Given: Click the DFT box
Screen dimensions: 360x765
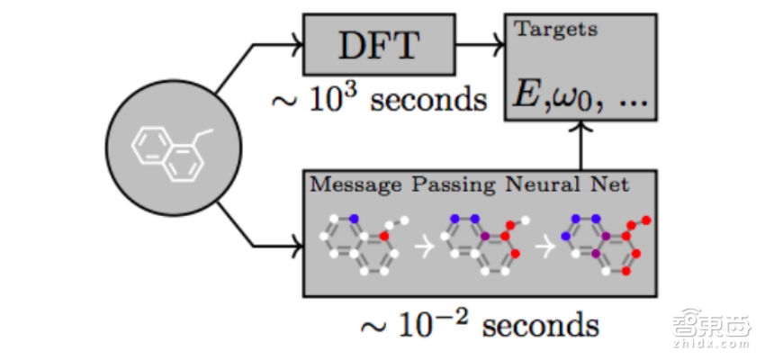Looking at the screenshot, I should tap(377, 44).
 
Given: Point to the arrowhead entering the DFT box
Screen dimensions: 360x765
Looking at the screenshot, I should tap(294, 43).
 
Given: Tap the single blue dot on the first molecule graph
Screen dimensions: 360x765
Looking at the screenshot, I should tap(354, 218).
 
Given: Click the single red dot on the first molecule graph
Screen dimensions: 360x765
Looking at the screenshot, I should tap(382, 236).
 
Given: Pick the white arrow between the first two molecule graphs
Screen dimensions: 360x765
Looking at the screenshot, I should tap(428, 245).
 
